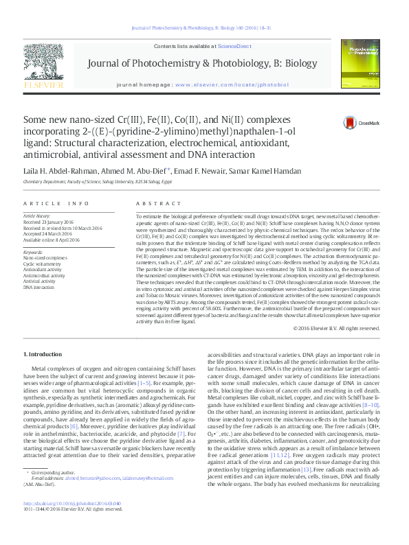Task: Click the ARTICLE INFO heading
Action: [x=56, y=204]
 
